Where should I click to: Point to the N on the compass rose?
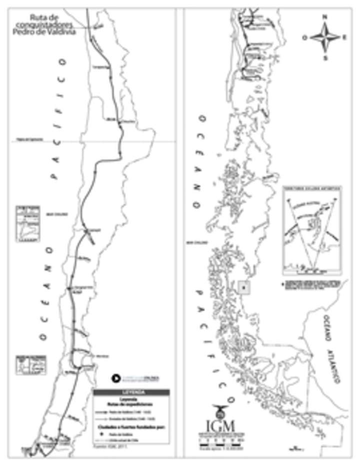324,17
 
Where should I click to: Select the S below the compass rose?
324,58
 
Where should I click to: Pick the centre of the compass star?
324,37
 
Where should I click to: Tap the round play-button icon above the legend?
114,378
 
